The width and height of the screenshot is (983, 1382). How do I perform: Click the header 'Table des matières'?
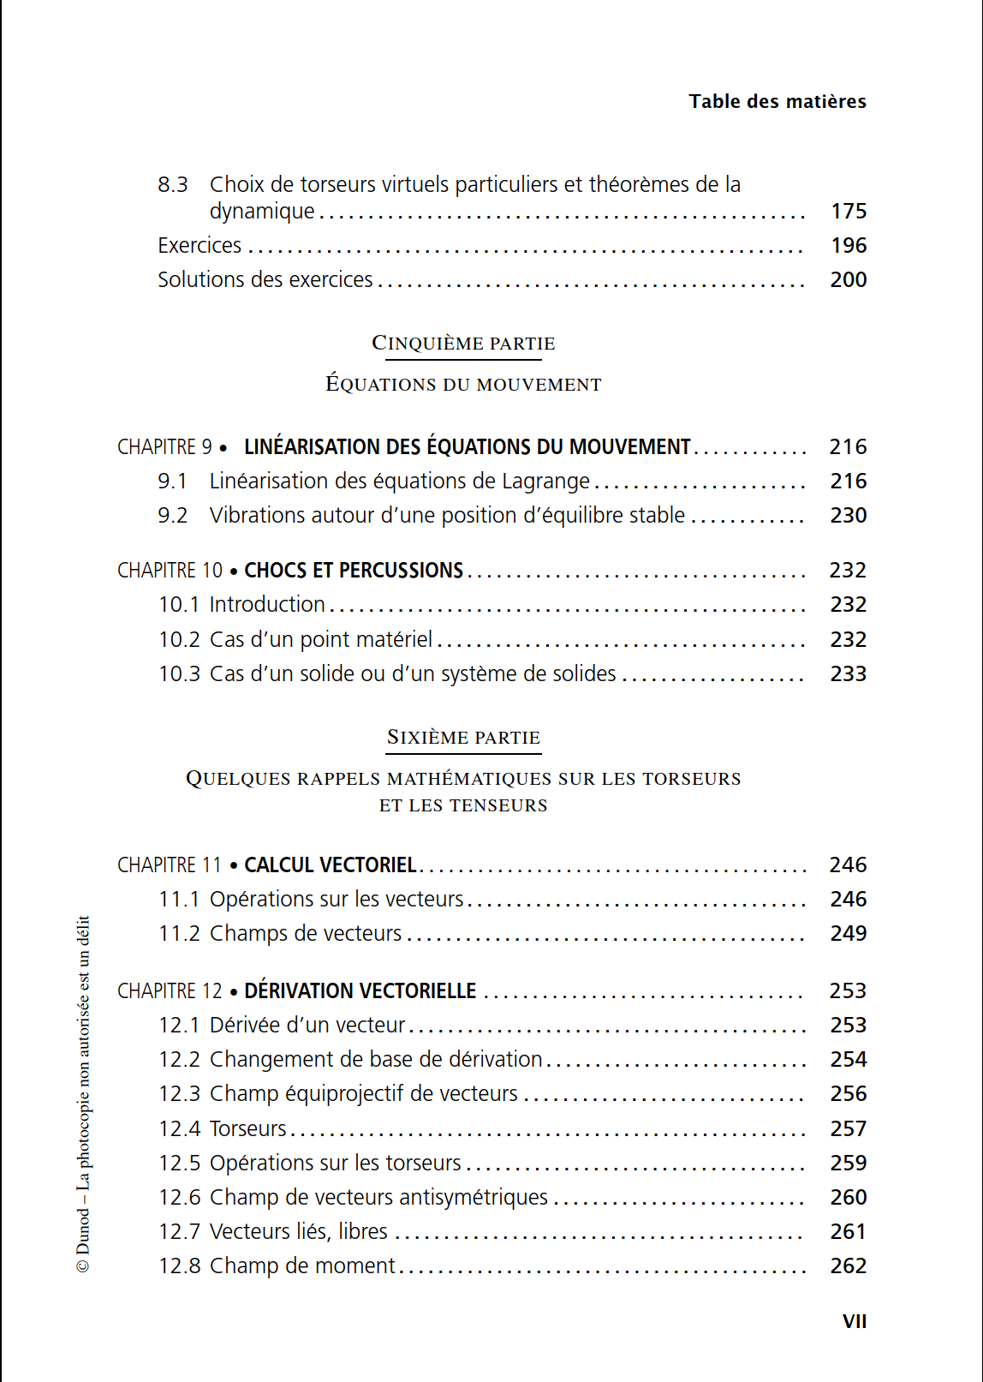[x=777, y=101]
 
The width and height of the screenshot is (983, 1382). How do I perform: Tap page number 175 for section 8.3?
[x=848, y=211]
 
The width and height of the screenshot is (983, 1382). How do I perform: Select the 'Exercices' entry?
[x=200, y=246]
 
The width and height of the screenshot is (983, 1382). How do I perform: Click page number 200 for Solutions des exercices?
[x=848, y=280]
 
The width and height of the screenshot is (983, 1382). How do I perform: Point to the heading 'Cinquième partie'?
[x=463, y=344]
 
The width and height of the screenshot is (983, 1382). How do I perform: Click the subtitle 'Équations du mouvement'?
[x=463, y=385]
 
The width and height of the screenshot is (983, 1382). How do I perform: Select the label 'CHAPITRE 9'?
[x=164, y=447]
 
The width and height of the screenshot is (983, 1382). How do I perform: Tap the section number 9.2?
[x=172, y=516]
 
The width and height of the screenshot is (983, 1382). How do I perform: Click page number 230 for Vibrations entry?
[x=848, y=516]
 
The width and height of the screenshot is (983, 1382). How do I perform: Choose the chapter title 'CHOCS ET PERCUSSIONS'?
[x=354, y=571]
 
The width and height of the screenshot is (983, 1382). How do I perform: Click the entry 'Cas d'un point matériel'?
[x=321, y=640]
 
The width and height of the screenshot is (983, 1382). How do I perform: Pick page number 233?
[x=848, y=674]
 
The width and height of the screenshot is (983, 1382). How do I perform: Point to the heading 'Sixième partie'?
[x=463, y=738]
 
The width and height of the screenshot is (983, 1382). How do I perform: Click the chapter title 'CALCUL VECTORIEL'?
[x=331, y=865]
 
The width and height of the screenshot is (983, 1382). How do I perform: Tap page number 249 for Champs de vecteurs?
[x=848, y=934]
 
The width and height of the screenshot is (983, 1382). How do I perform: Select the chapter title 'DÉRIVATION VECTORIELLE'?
[x=360, y=991]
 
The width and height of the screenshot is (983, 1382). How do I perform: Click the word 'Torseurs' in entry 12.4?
[x=248, y=1129]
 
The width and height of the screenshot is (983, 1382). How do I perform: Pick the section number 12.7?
[x=179, y=1232]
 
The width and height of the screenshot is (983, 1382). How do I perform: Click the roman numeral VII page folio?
[x=854, y=1321]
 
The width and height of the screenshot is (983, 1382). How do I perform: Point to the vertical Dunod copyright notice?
[x=83, y=1094]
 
